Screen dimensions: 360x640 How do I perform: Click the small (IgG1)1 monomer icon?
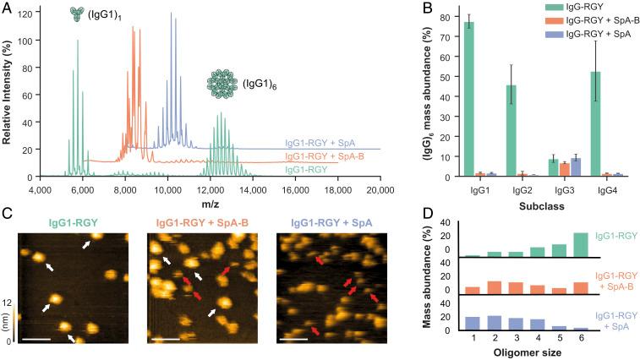pos(79,14)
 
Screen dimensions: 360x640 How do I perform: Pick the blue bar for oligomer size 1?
pos(473,324)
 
